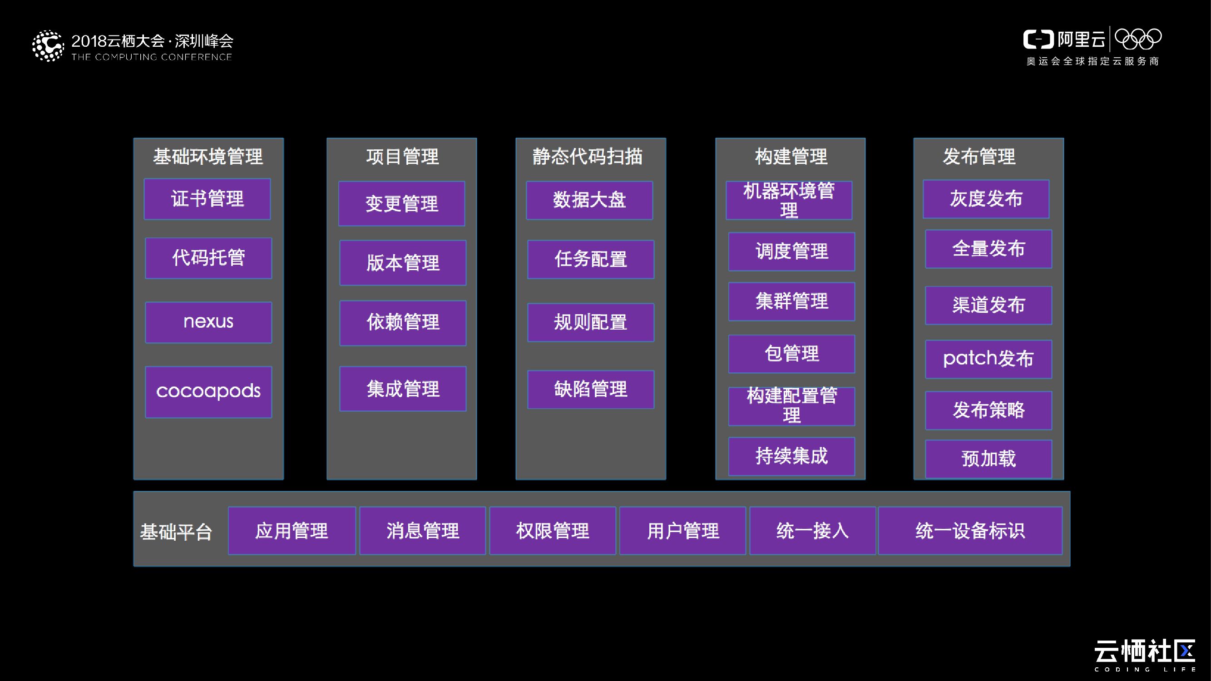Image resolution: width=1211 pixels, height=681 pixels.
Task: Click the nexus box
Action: click(208, 322)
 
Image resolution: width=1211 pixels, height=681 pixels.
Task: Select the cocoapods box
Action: click(208, 391)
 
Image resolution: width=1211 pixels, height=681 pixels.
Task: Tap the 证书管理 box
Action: click(208, 199)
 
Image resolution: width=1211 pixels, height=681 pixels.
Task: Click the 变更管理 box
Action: click(402, 203)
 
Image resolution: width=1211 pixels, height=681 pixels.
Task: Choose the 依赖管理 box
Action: click(403, 323)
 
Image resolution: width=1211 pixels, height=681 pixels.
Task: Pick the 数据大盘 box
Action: click(589, 200)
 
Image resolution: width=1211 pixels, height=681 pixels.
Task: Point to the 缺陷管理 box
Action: click(590, 389)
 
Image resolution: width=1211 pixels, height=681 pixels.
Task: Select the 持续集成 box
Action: click(791, 456)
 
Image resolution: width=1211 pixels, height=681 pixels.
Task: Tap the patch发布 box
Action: click(988, 359)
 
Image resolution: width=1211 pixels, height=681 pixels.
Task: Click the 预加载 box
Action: click(988, 459)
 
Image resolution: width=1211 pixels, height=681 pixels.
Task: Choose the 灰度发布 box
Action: click(986, 199)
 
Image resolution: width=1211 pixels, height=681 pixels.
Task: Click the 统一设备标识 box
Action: click(970, 531)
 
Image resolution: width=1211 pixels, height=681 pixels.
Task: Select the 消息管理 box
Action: click(423, 531)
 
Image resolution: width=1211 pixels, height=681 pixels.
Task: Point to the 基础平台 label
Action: click(176, 532)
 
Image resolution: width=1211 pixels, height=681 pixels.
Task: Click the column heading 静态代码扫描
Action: click(588, 157)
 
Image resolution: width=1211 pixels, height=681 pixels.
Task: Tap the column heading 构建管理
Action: click(791, 157)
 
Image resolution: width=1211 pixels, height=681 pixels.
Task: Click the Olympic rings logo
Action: click(1138, 39)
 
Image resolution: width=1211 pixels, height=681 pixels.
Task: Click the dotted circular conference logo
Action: click(48, 46)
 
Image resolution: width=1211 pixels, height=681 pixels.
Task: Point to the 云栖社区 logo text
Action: click(1145, 652)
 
